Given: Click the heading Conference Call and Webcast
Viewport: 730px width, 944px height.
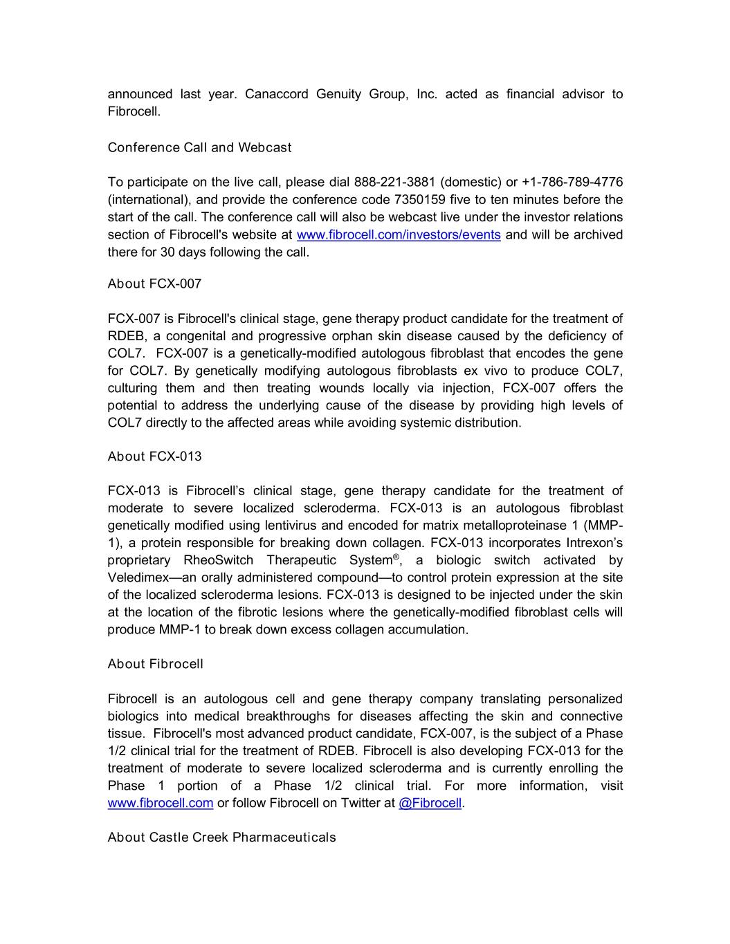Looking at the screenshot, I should coord(199,147).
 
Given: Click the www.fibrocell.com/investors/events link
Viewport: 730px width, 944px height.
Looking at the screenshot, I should coord(398,234).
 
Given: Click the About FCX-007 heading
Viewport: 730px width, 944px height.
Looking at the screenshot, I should coord(154,284).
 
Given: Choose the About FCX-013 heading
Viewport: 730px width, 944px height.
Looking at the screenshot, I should coord(154,456).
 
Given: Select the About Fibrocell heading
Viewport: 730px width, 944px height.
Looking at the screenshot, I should coord(155,664).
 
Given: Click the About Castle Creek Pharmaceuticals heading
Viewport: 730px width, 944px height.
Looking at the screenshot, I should coord(221,837).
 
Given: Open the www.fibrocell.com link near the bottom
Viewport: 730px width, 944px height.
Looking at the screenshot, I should coord(160,803).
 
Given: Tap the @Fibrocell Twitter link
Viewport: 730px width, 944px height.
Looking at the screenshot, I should coord(430,803).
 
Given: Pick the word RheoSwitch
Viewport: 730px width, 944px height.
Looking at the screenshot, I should coord(218,560).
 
